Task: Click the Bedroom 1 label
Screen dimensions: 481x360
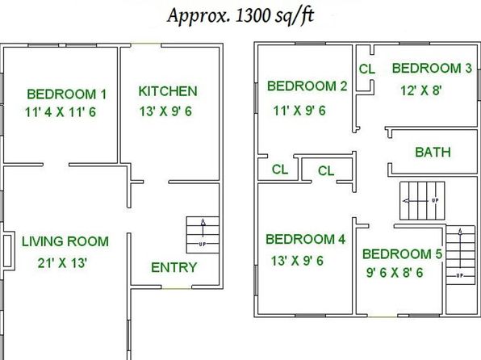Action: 66,94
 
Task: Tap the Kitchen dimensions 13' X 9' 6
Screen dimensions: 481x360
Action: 165,111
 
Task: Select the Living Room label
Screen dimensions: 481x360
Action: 65,241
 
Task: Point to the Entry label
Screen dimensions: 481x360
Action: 174,267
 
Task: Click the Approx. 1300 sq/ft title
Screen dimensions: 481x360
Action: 240,15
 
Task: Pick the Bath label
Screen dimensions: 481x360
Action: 433,152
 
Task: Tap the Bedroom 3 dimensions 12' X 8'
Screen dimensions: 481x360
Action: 421,90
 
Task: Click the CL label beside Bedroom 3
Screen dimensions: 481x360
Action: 367,69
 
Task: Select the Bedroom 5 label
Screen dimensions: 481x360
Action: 402,253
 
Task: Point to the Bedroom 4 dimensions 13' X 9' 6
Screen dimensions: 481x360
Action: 297,261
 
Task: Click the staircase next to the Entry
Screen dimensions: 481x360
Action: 203,235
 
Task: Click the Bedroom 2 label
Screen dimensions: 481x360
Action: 307,86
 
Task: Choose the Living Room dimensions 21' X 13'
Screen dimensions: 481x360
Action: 62,263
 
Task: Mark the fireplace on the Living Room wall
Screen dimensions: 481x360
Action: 8,251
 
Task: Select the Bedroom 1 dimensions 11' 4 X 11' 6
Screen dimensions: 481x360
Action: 61,112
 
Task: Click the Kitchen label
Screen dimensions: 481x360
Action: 168,91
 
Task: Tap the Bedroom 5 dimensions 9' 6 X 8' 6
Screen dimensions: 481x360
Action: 395,273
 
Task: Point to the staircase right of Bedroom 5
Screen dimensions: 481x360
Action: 460,255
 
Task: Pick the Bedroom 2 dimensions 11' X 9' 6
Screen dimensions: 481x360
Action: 299,111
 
